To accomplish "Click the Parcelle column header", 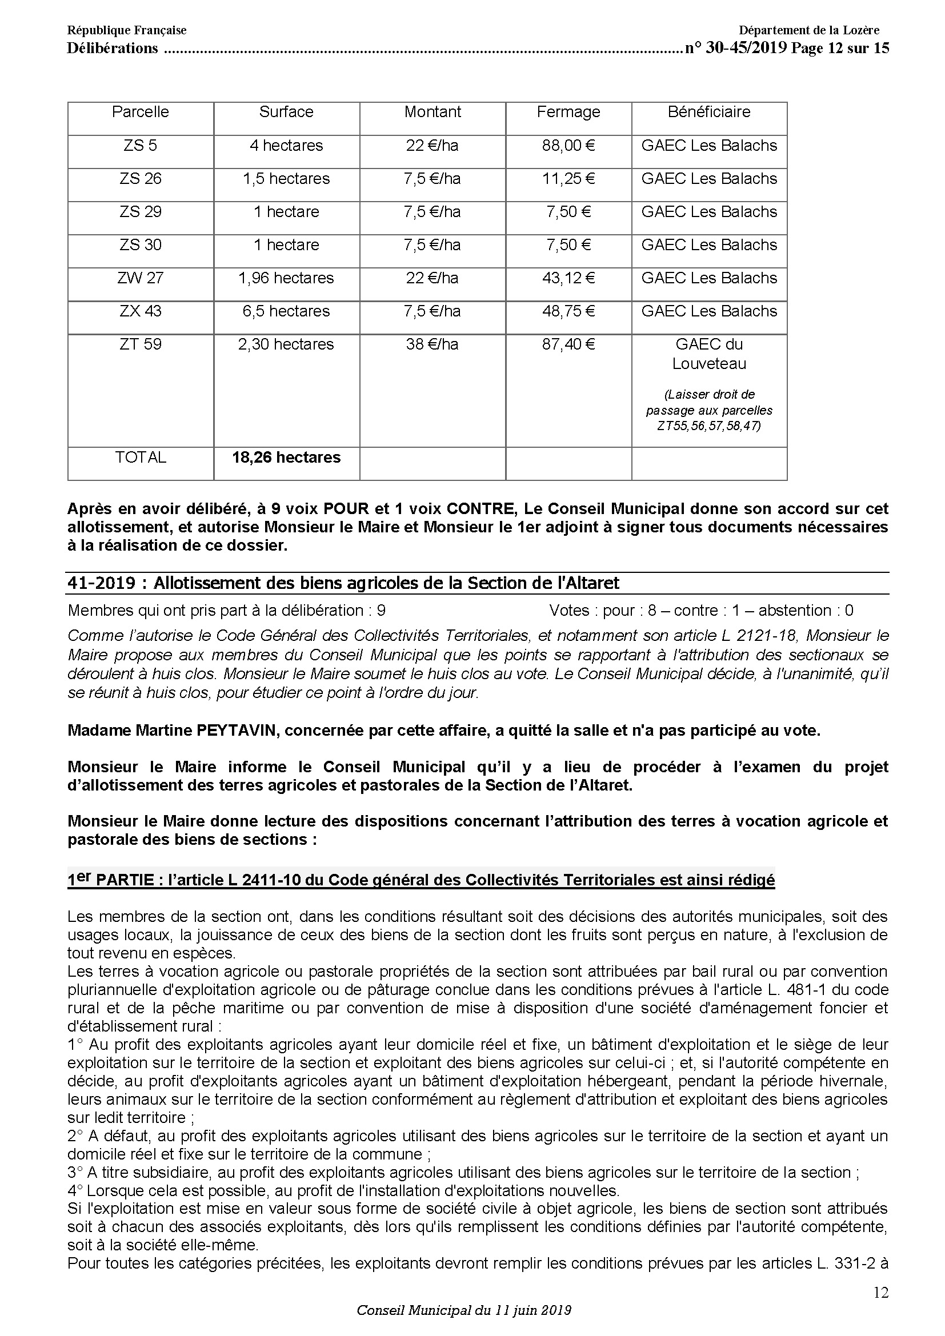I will pos(140,112).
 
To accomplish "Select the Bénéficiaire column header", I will pos(708,112).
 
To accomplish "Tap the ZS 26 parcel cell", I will pos(140,179).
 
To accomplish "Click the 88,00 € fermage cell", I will pos(568,146).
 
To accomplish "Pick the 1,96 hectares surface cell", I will pos(286,278).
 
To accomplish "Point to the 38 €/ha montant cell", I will pos(433,344).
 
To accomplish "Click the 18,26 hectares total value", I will pos(286,458).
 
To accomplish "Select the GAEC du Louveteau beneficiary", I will pos(708,354).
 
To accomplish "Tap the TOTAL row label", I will pos(140,458).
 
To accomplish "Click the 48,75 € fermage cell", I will pos(568,311).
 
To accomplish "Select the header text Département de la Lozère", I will pos(809,30).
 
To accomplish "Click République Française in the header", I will pos(127,30).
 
